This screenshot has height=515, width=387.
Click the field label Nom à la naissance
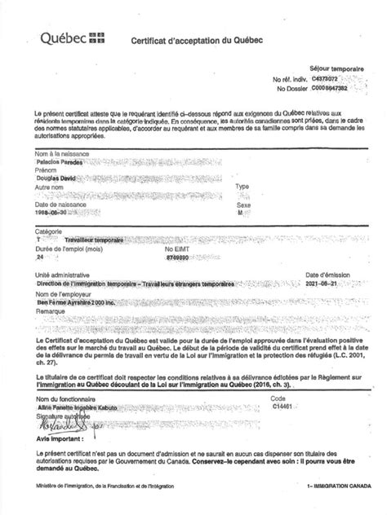coord(60,153)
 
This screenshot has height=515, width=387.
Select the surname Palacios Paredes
coord(64,162)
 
